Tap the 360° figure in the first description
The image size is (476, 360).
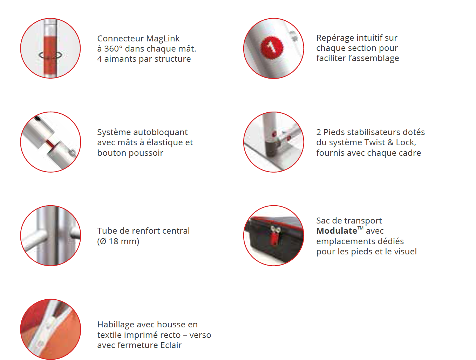[x=113, y=49]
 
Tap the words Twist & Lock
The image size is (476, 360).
[x=389, y=142]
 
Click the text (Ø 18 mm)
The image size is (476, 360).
[x=118, y=241]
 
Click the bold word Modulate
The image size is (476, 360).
[x=336, y=231]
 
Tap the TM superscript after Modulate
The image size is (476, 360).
[x=360, y=228]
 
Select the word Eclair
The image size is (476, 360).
[x=171, y=345]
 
